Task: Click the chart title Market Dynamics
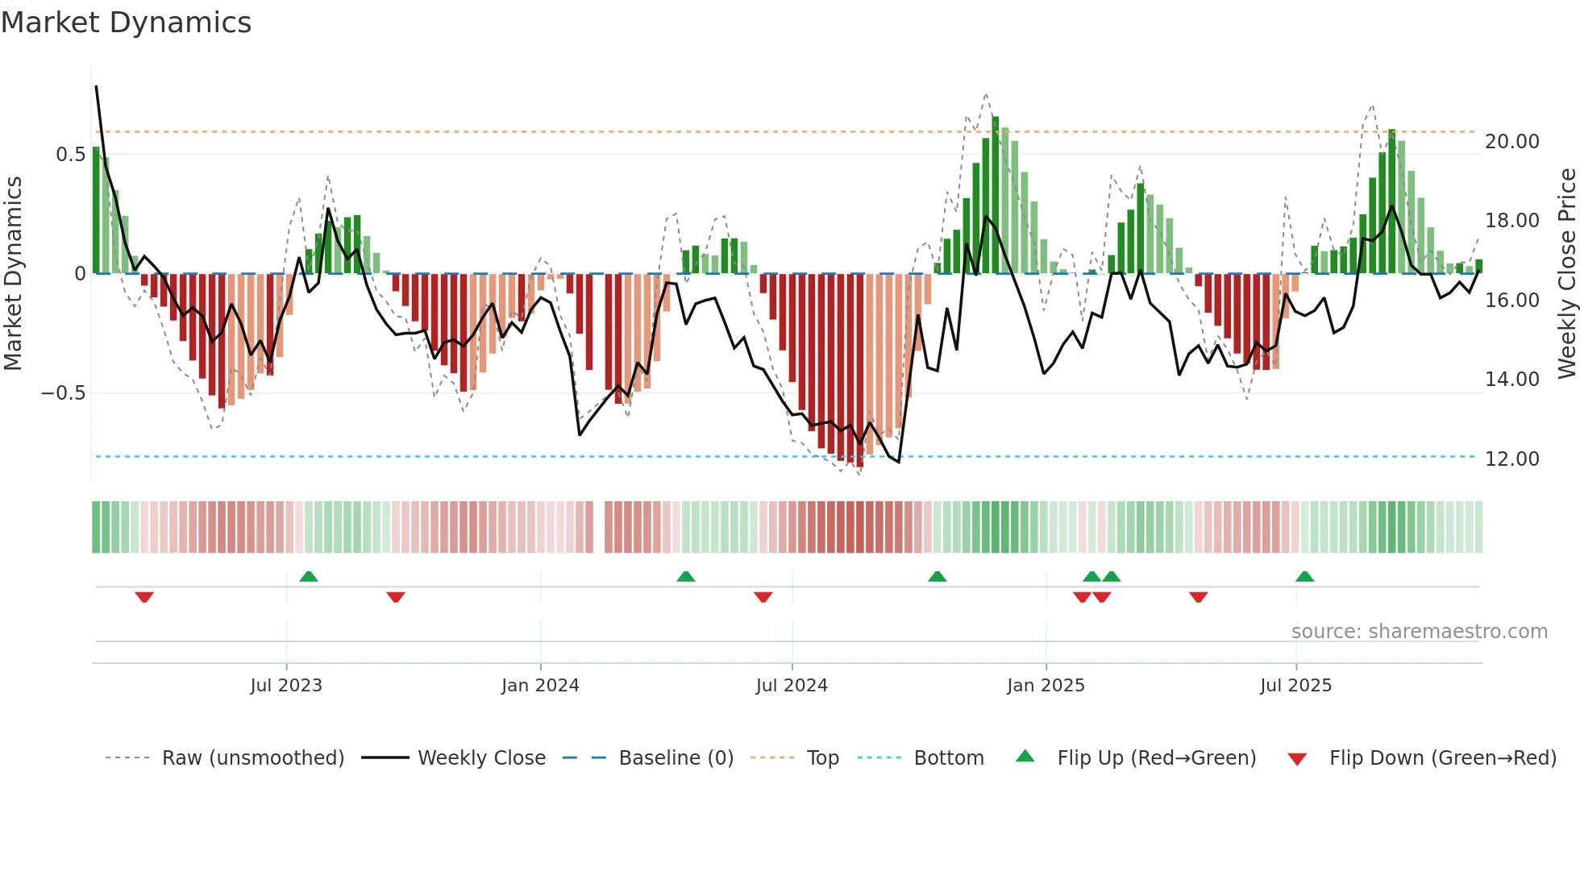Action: tap(127, 23)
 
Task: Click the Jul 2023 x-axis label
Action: tap(286, 686)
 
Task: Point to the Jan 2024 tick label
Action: tap(540, 686)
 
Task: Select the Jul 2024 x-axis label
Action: tap(792, 686)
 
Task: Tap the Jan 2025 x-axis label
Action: tap(1046, 686)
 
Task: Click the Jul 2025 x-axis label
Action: tap(1296, 686)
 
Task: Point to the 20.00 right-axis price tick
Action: tap(1512, 142)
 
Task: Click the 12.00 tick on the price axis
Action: tap(1512, 459)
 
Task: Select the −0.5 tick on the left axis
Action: tap(63, 393)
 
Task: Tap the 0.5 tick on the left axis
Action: tap(70, 155)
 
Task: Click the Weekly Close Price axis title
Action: tap(1566, 273)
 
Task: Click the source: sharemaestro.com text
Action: tap(1419, 632)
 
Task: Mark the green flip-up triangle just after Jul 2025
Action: tap(1304, 577)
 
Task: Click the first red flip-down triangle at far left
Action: tap(144, 597)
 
